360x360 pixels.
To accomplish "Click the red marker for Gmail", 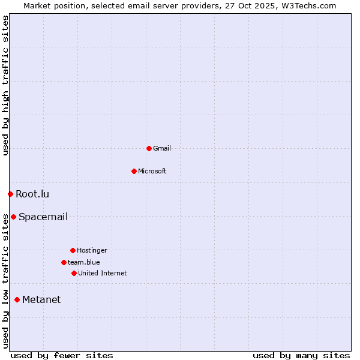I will click(x=149, y=148).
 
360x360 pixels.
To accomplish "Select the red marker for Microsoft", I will click(x=134, y=171).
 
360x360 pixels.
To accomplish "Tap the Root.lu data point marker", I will click(x=10, y=194).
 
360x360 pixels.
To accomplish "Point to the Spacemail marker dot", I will click(x=13, y=217).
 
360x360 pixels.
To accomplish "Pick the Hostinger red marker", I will click(x=73, y=250).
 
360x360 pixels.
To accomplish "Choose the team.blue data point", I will click(x=64, y=262).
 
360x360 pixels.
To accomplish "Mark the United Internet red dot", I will click(x=74, y=273).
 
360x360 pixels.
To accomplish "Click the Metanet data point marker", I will click(x=17, y=299).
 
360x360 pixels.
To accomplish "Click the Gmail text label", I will click(x=162, y=148).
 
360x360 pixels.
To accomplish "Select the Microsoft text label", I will click(x=152, y=171).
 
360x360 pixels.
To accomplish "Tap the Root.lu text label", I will click(x=32, y=194).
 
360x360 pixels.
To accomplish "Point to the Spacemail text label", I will click(x=43, y=217).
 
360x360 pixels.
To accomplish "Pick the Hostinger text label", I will click(x=92, y=250).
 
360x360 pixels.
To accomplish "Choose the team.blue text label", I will click(x=84, y=262).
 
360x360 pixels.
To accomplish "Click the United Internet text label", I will click(x=103, y=273).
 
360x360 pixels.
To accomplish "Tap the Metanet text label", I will click(x=41, y=299).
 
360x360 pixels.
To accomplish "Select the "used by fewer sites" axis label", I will click(x=62, y=355).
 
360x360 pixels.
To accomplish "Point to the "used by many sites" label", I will click(x=301, y=355).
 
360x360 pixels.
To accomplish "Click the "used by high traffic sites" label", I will click(x=5, y=85).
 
